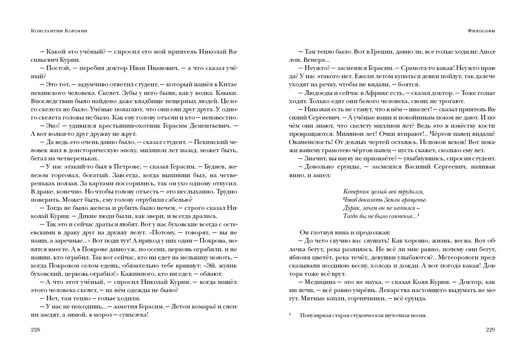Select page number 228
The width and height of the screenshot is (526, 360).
[x=36, y=329]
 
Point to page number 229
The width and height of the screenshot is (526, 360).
[x=490, y=329]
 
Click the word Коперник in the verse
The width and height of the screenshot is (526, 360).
[x=355, y=192]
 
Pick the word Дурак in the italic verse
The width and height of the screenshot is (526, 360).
[x=351, y=208]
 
